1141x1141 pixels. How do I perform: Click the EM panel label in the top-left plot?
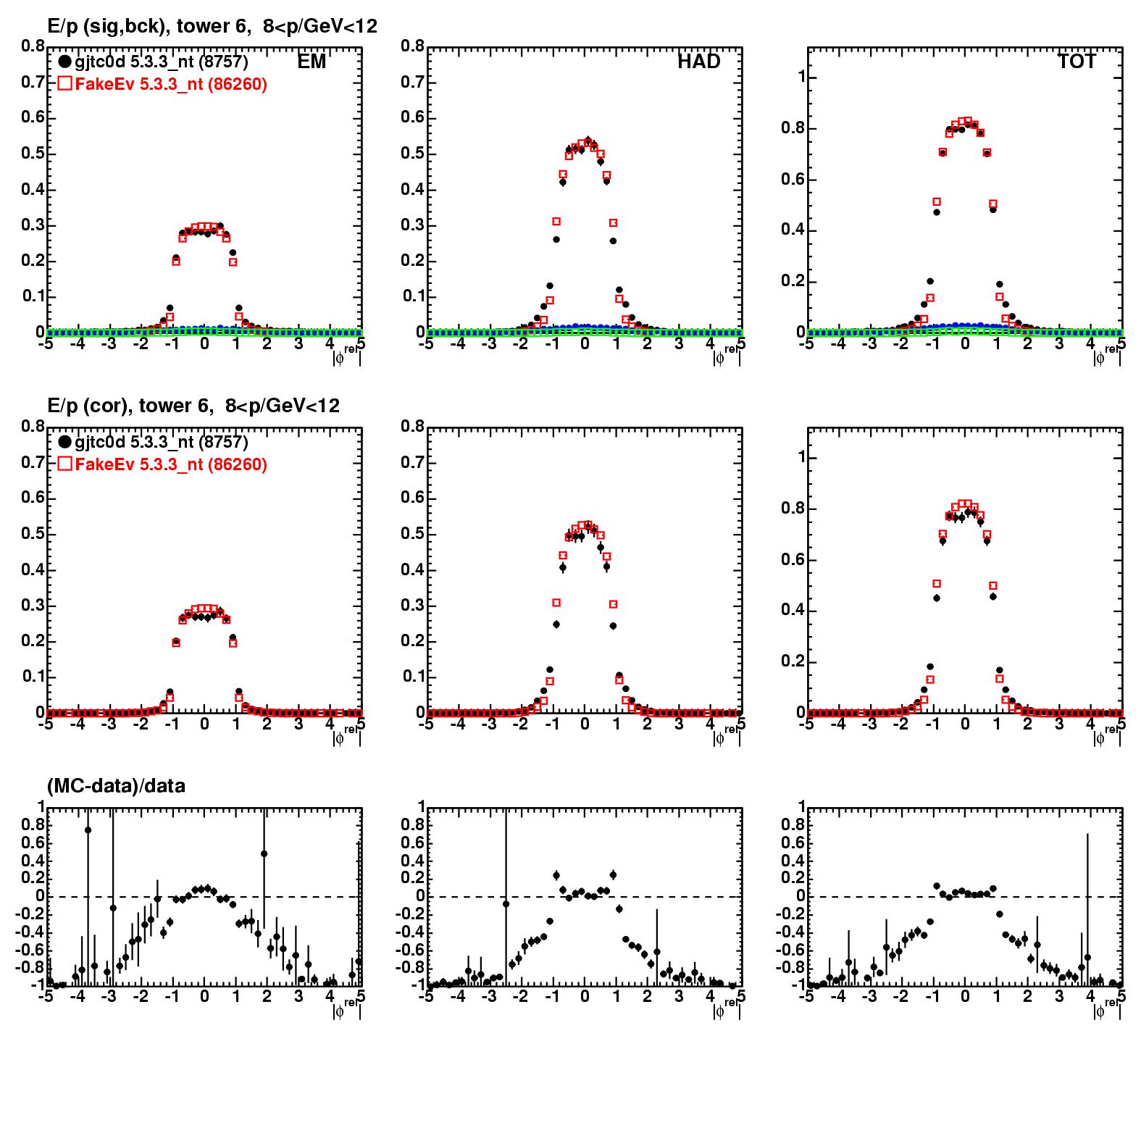pos(312,62)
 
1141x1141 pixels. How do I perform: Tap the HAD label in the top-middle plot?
pos(698,62)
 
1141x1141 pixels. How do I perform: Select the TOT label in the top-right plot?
pos(1077,62)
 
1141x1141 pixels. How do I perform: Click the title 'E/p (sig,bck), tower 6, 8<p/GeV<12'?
pos(212,27)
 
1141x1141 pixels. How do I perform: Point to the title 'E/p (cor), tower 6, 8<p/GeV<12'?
pos(193,406)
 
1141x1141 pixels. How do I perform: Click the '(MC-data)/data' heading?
pos(116,786)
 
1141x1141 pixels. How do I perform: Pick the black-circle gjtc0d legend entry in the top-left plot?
pos(154,62)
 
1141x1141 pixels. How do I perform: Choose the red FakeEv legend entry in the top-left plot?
pos(162,85)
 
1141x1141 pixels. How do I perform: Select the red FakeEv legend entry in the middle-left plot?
pos(162,464)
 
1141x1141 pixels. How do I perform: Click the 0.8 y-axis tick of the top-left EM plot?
pos(33,46)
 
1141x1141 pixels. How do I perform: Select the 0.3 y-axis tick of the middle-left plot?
pos(33,606)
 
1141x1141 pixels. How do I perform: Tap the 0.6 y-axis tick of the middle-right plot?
pos(792,560)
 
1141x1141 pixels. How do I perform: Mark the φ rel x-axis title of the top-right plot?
pos(1107,355)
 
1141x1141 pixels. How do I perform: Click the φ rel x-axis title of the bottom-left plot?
pos(346,1008)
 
